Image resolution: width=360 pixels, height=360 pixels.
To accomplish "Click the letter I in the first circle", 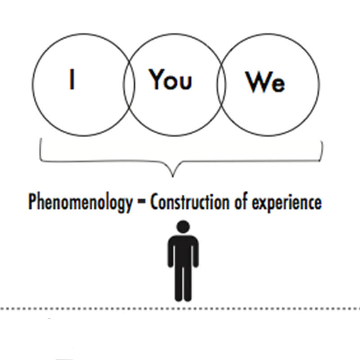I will (x=72, y=80).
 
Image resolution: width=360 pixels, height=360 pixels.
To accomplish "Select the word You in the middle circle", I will (x=171, y=80).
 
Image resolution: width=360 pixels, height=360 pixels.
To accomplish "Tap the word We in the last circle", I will (x=265, y=82).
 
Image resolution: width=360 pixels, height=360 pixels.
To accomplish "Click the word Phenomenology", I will (x=81, y=202).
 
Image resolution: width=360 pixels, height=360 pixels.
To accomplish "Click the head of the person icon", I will (x=183, y=226).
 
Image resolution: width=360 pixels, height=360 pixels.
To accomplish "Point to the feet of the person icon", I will (x=183, y=297).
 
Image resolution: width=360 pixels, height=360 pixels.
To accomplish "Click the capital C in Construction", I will (x=154, y=202).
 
